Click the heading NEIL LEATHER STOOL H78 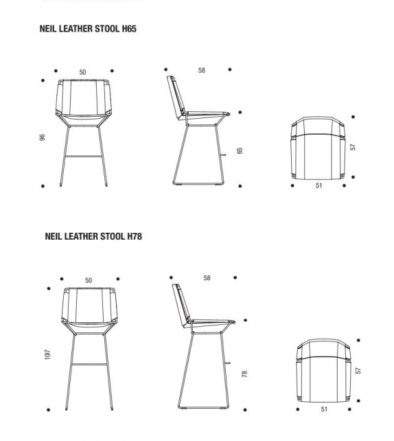(93, 236)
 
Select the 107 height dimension (47, 354)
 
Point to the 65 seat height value (240, 150)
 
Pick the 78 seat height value (244, 374)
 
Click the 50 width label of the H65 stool (83, 72)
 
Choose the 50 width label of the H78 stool (89, 280)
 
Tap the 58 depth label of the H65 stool (202, 70)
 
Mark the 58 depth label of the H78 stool (207, 278)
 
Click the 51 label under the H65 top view (318, 186)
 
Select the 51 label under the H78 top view (324, 409)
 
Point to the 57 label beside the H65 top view (353, 147)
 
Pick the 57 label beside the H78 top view (358, 371)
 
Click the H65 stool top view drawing (318, 150)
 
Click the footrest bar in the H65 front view (83, 157)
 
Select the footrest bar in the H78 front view (89, 363)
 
